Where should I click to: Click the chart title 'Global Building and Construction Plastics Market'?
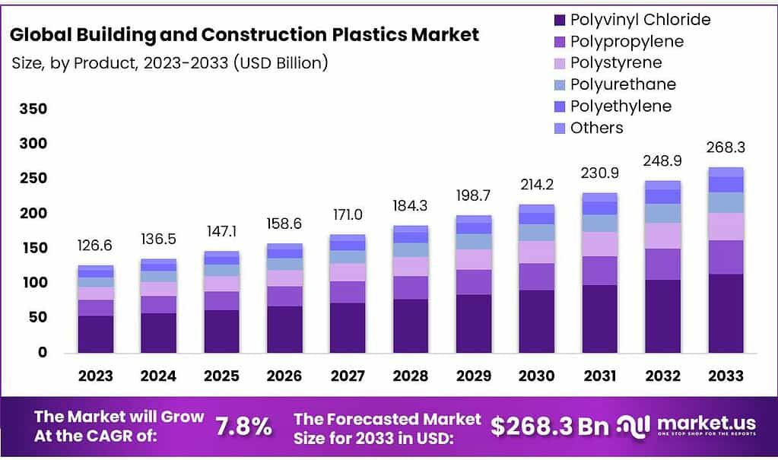tap(245, 35)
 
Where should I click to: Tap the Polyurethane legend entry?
tap(622, 84)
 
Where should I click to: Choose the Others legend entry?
tap(596, 128)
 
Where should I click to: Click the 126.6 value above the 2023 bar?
tap(96, 246)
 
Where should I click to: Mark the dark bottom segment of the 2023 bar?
tap(96, 334)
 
